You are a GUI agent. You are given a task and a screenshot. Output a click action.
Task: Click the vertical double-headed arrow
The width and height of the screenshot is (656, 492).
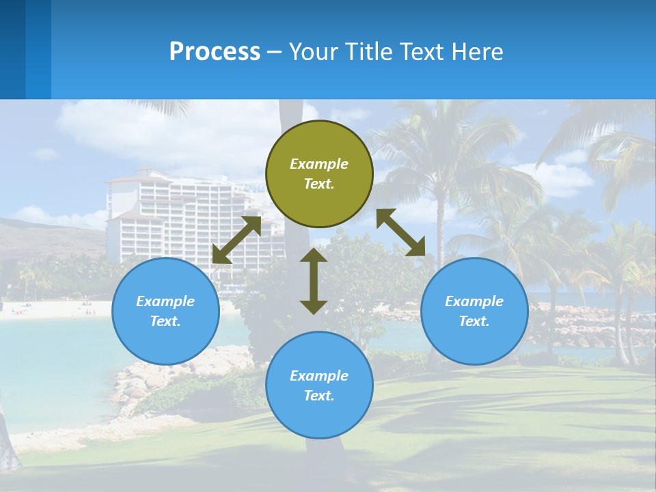314,281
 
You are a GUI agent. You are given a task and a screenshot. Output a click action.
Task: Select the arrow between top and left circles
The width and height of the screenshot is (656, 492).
236,240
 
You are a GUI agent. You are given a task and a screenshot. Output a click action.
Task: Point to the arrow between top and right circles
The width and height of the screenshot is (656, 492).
401,232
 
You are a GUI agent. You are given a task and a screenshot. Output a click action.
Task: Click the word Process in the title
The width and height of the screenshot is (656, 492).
215,51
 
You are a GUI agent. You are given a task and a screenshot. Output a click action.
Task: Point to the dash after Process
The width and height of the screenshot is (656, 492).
274,52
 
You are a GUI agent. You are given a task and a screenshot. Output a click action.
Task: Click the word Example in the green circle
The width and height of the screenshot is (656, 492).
319,164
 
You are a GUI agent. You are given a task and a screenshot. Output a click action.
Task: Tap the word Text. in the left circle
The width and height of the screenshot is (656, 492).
165,321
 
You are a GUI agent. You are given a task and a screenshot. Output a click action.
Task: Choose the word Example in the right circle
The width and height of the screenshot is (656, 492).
474,301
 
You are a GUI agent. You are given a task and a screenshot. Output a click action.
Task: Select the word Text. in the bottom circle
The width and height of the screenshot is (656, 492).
319,396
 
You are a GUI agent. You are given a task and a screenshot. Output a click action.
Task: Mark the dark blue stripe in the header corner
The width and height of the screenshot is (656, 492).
12,49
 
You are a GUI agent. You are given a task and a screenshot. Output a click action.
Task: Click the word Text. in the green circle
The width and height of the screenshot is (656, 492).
319,184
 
